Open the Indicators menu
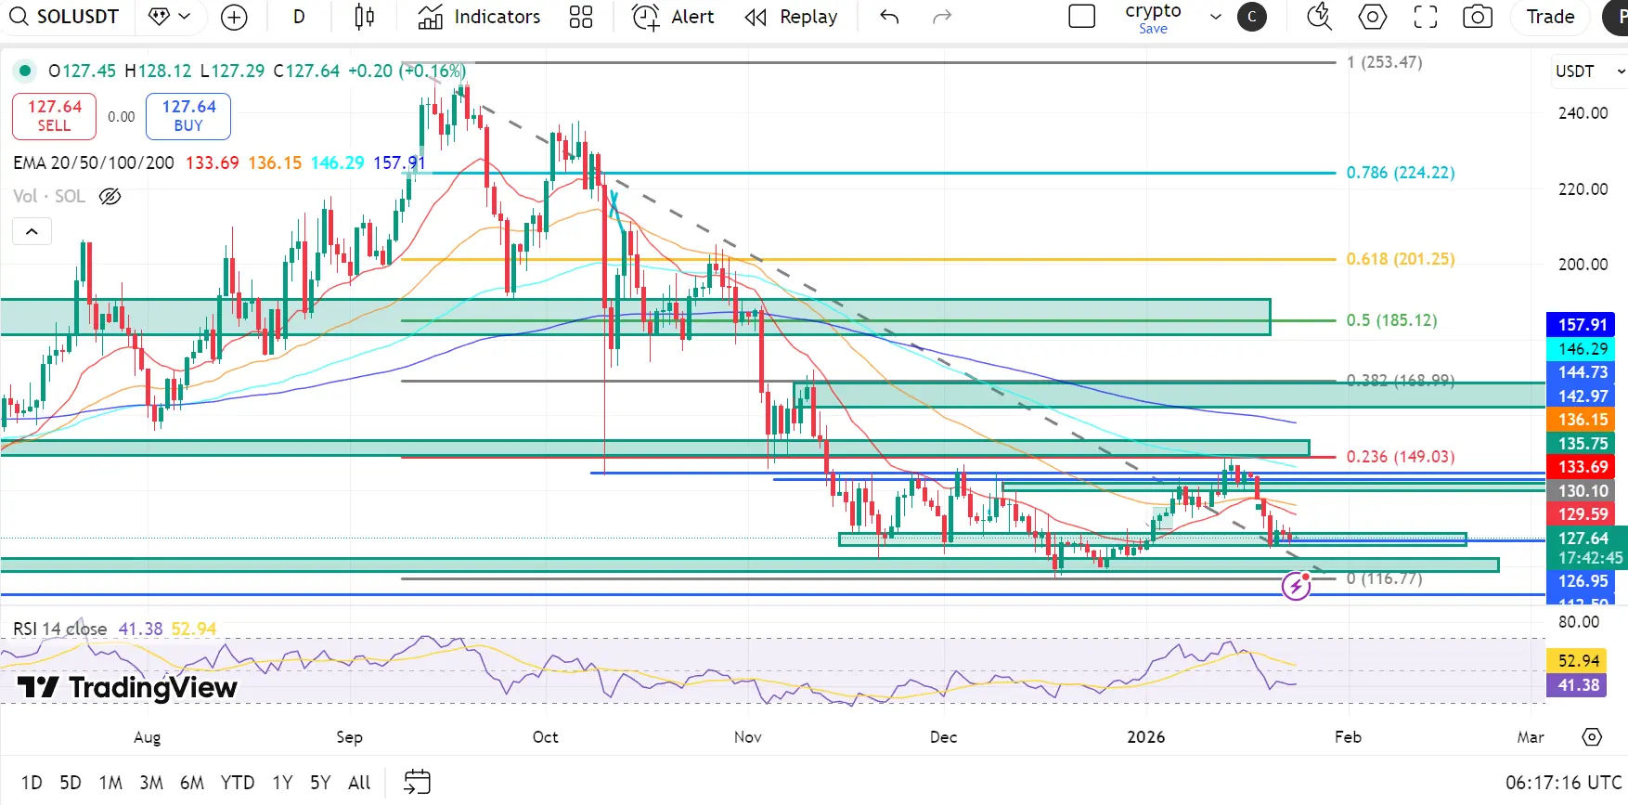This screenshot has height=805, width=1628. pyautogui.click(x=479, y=17)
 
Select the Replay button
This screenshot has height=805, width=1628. pyautogui.click(x=791, y=17)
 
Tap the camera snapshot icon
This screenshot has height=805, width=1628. pyautogui.click(x=1477, y=17)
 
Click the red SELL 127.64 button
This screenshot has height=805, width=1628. pyautogui.click(x=54, y=116)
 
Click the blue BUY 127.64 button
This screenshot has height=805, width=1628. pyautogui.click(x=188, y=116)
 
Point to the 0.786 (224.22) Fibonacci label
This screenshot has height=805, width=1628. pyautogui.click(x=1400, y=173)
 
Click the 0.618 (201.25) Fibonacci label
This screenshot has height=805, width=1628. pyautogui.click(x=1400, y=259)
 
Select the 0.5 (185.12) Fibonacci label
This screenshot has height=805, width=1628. pyautogui.click(x=1391, y=320)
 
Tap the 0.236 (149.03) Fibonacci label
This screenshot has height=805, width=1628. pyautogui.click(x=1400, y=457)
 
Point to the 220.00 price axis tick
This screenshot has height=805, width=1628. pyautogui.click(x=1583, y=189)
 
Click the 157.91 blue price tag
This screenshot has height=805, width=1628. pyautogui.click(x=1582, y=325)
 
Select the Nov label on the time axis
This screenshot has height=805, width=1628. pyautogui.click(x=747, y=737)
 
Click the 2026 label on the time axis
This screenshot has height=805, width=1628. pyautogui.click(x=1145, y=737)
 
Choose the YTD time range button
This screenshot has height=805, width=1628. pyautogui.click(x=238, y=783)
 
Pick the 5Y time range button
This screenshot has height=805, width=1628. pyautogui.click(x=320, y=783)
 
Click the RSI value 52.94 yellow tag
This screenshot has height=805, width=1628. pyautogui.click(x=1578, y=661)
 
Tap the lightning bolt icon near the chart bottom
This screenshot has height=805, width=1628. pyautogui.click(x=1296, y=586)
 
